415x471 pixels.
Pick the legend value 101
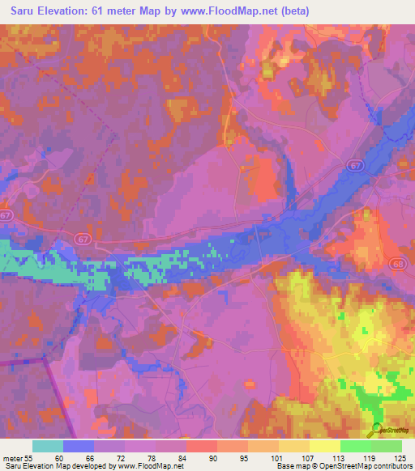(x=278, y=458)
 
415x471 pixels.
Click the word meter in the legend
(x=13, y=458)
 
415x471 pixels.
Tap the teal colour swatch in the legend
(x=48, y=446)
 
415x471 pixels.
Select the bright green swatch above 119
(x=355, y=446)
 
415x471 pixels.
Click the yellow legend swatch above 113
(x=324, y=446)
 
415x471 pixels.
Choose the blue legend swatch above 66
(x=79, y=446)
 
